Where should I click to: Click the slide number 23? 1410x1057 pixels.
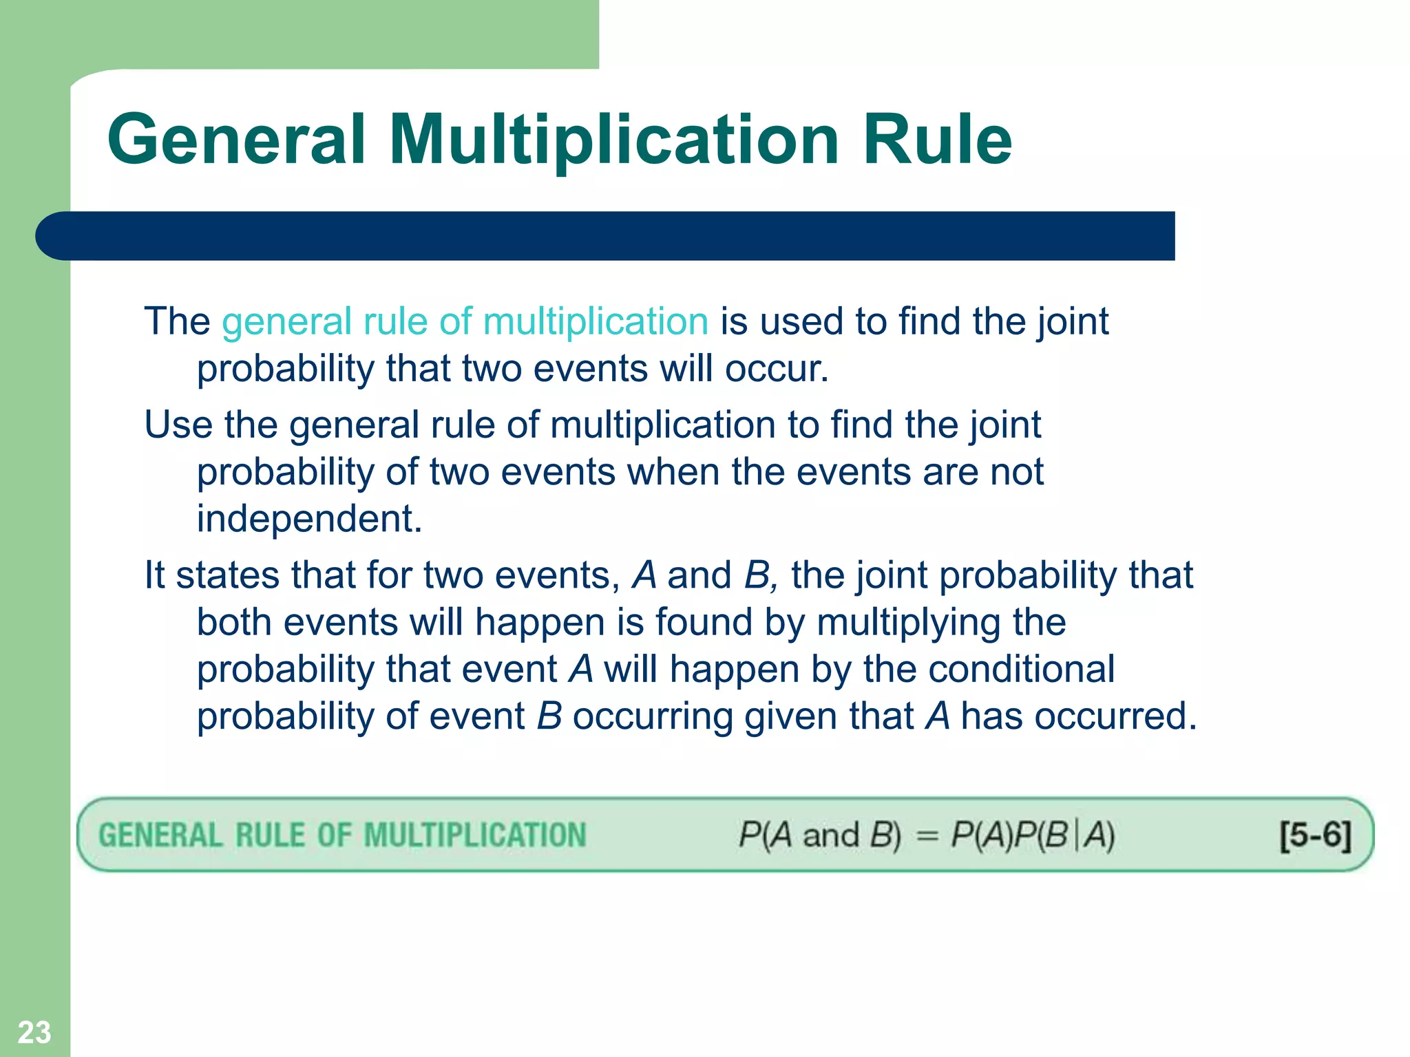pyautogui.click(x=34, y=1032)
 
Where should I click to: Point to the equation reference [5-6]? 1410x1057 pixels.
pyautogui.click(x=1315, y=835)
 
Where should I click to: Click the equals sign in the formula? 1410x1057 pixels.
pyautogui.click(x=927, y=836)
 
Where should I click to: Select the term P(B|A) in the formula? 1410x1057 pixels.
pyautogui.click(x=1065, y=836)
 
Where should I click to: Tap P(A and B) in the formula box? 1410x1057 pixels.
pyautogui.click(x=819, y=836)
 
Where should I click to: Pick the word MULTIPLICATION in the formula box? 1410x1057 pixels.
pyautogui.click(x=474, y=835)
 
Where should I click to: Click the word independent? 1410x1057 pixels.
pyautogui.click(x=309, y=519)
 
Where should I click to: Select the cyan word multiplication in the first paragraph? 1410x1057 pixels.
pyautogui.click(x=596, y=321)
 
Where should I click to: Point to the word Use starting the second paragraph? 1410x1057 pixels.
pyautogui.click(x=178, y=425)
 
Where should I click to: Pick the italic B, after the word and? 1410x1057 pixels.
pyautogui.click(x=760, y=575)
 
